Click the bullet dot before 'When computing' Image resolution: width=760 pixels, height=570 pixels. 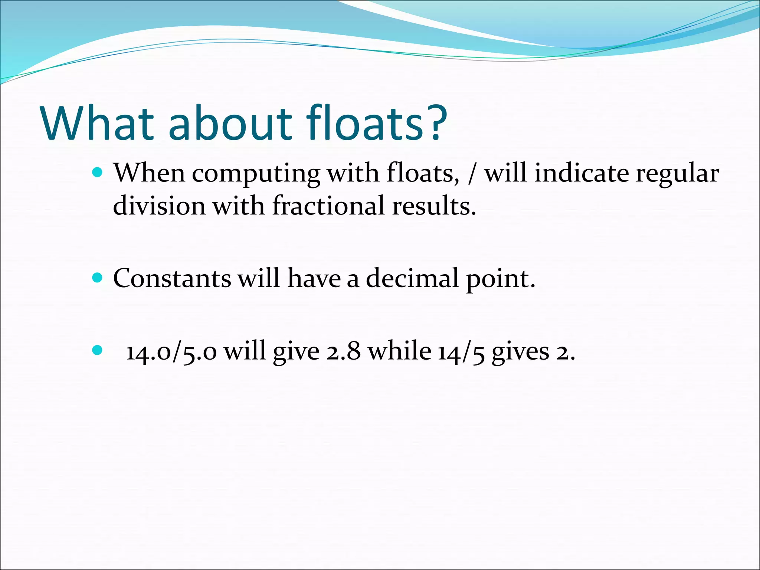click(x=97, y=172)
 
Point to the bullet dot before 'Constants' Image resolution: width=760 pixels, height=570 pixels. click(x=97, y=277)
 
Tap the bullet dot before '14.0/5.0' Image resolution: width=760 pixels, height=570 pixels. click(x=97, y=350)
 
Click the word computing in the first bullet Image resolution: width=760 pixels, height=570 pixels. click(x=256, y=174)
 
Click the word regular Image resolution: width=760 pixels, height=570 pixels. click(x=677, y=174)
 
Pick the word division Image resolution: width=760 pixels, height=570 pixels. click(x=159, y=206)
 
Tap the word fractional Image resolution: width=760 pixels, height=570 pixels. click(x=328, y=206)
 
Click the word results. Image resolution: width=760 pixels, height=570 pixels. click(x=434, y=206)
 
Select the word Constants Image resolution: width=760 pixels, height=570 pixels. click(x=172, y=278)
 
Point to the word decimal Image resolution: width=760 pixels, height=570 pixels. click(x=412, y=278)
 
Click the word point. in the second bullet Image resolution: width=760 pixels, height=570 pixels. click(x=501, y=279)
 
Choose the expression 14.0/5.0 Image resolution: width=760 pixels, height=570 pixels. click(x=171, y=351)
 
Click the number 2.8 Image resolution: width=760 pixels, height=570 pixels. click(x=343, y=351)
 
